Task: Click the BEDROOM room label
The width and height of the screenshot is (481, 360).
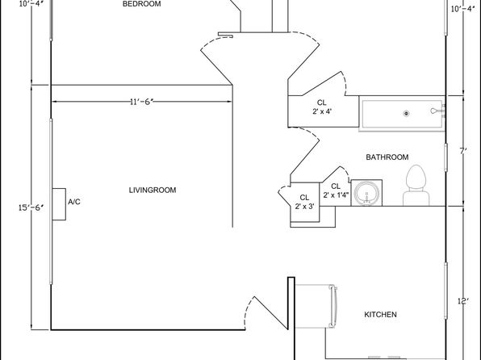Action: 141,4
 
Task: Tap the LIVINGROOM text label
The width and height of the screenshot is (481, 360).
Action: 153,190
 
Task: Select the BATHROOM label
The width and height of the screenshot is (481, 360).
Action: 387,157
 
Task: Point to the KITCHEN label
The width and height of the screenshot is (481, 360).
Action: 380,315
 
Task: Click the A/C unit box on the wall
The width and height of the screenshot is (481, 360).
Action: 59,204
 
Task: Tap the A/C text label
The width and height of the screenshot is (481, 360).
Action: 74,202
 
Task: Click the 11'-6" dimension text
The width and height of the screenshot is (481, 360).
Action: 141,102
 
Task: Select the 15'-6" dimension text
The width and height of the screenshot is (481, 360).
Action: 31,207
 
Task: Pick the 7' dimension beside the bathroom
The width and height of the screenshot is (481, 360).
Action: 463,151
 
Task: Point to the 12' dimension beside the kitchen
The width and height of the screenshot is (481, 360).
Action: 463,301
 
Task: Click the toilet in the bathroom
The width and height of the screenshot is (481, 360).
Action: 416,186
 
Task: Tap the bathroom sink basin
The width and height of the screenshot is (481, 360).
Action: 366,194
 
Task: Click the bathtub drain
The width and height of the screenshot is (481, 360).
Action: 407,114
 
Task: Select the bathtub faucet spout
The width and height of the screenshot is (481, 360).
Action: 435,111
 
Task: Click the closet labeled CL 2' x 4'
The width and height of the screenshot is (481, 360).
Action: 324,111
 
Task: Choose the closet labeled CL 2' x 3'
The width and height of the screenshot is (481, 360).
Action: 305,203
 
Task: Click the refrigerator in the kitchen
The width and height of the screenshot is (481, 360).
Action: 316,306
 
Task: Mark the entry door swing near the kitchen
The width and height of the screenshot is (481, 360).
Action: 266,313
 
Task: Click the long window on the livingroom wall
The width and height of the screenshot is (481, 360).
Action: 51,201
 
